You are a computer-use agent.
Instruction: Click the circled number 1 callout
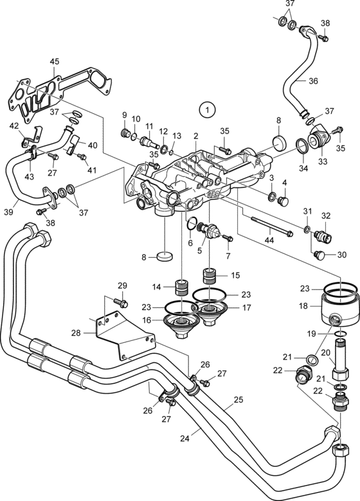point(207,110)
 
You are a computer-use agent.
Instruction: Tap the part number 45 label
point(55,61)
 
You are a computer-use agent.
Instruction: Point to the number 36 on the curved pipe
point(313,81)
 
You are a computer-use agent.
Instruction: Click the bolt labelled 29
point(120,302)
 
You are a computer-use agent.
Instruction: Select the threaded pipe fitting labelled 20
point(340,359)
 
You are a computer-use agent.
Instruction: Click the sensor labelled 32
point(323,236)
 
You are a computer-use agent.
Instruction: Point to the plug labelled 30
point(319,255)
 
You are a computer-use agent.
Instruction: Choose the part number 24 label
point(184,439)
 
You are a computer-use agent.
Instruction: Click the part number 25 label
point(239,399)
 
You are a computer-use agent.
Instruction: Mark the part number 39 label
point(8,212)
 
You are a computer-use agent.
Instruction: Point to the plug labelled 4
point(283,201)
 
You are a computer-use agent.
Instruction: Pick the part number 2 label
point(196,136)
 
